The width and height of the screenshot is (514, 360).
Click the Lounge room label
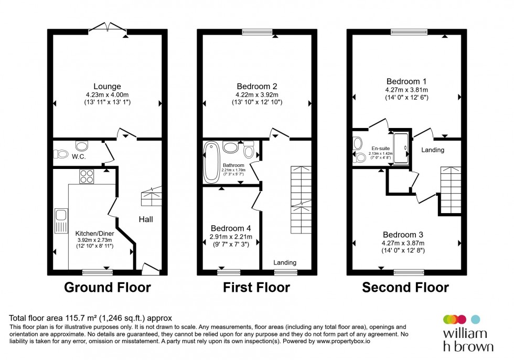107,87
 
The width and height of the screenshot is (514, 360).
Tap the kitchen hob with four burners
87,177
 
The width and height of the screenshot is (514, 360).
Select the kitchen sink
61,220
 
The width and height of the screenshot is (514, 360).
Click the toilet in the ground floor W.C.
61,154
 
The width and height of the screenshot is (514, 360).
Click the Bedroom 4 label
231,228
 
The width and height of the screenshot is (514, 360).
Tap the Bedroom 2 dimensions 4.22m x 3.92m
256,94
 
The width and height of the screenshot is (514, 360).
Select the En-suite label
380,149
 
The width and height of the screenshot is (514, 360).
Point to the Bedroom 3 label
403,234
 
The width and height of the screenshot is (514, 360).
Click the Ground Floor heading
107,288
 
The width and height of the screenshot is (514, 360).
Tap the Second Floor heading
405,288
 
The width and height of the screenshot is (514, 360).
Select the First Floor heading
256,288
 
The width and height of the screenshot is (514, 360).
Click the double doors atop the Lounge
108,28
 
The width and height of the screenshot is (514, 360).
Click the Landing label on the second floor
433,150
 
